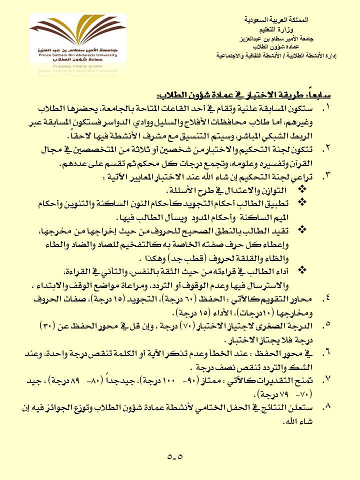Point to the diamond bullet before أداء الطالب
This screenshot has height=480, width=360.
click(301, 270)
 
